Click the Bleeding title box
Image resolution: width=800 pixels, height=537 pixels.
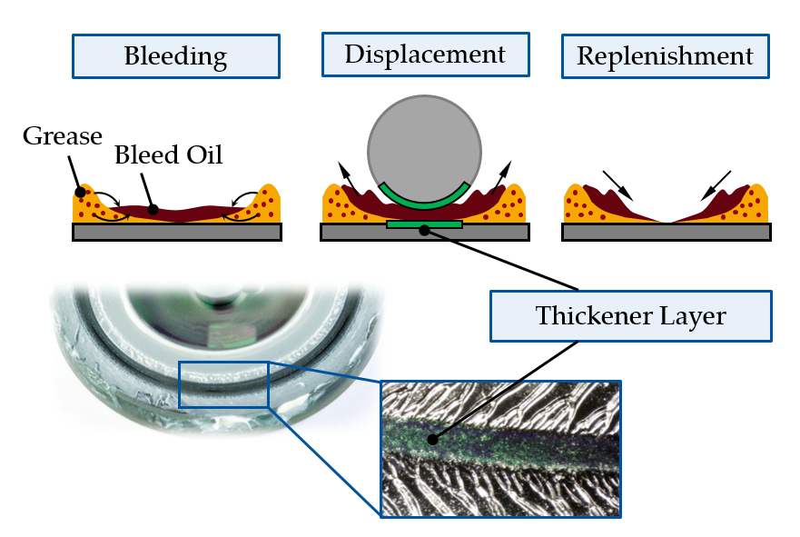point(175,56)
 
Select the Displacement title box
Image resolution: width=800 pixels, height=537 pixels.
point(424,55)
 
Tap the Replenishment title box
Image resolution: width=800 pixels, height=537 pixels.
point(665,56)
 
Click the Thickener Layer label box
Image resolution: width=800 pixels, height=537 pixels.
point(630,316)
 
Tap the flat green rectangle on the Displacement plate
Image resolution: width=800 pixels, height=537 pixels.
point(424,224)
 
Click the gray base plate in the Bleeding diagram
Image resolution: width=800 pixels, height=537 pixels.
point(176,232)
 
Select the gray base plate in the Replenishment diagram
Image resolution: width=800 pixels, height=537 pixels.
point(667,232)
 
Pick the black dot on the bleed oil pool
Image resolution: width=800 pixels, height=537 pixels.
point(153,211)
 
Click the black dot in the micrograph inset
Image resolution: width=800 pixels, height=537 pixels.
point(431,439)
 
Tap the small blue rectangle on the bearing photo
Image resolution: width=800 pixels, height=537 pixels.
point(223,383)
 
